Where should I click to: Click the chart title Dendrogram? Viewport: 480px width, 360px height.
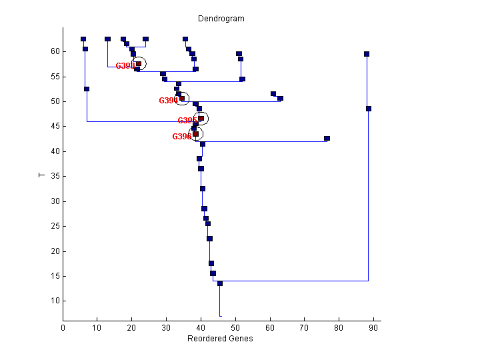[221, 19]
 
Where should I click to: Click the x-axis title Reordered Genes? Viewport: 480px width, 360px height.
[220, 339]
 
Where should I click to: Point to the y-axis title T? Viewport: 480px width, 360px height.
[42, 175]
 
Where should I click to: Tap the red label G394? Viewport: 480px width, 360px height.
[167, 101]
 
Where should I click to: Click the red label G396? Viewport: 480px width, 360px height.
[181, 137]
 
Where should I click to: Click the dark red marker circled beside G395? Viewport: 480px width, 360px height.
[201, 118]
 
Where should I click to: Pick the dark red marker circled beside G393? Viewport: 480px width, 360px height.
[139, 64]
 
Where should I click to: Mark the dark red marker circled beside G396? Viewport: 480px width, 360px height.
[195, 134]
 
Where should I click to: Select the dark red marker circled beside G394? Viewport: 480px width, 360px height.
[182, 99]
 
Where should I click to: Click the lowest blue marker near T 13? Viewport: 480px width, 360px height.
[220, 283]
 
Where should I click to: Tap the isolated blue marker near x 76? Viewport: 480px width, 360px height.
[327, 139]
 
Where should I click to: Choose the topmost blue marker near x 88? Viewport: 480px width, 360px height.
[367, 54]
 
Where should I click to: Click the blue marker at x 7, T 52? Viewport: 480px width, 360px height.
[87, 89]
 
